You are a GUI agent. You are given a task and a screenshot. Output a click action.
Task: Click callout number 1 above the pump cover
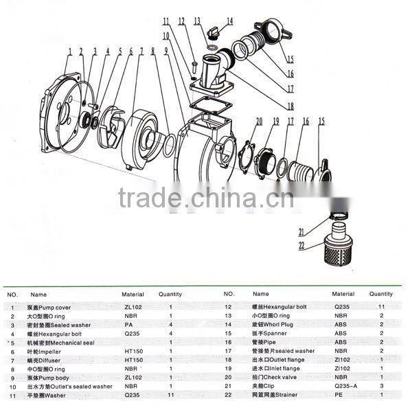coord(70,50)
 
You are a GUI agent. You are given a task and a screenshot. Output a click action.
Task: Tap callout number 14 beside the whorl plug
coord(229,21)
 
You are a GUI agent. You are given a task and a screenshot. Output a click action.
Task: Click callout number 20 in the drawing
coord(259,122)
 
